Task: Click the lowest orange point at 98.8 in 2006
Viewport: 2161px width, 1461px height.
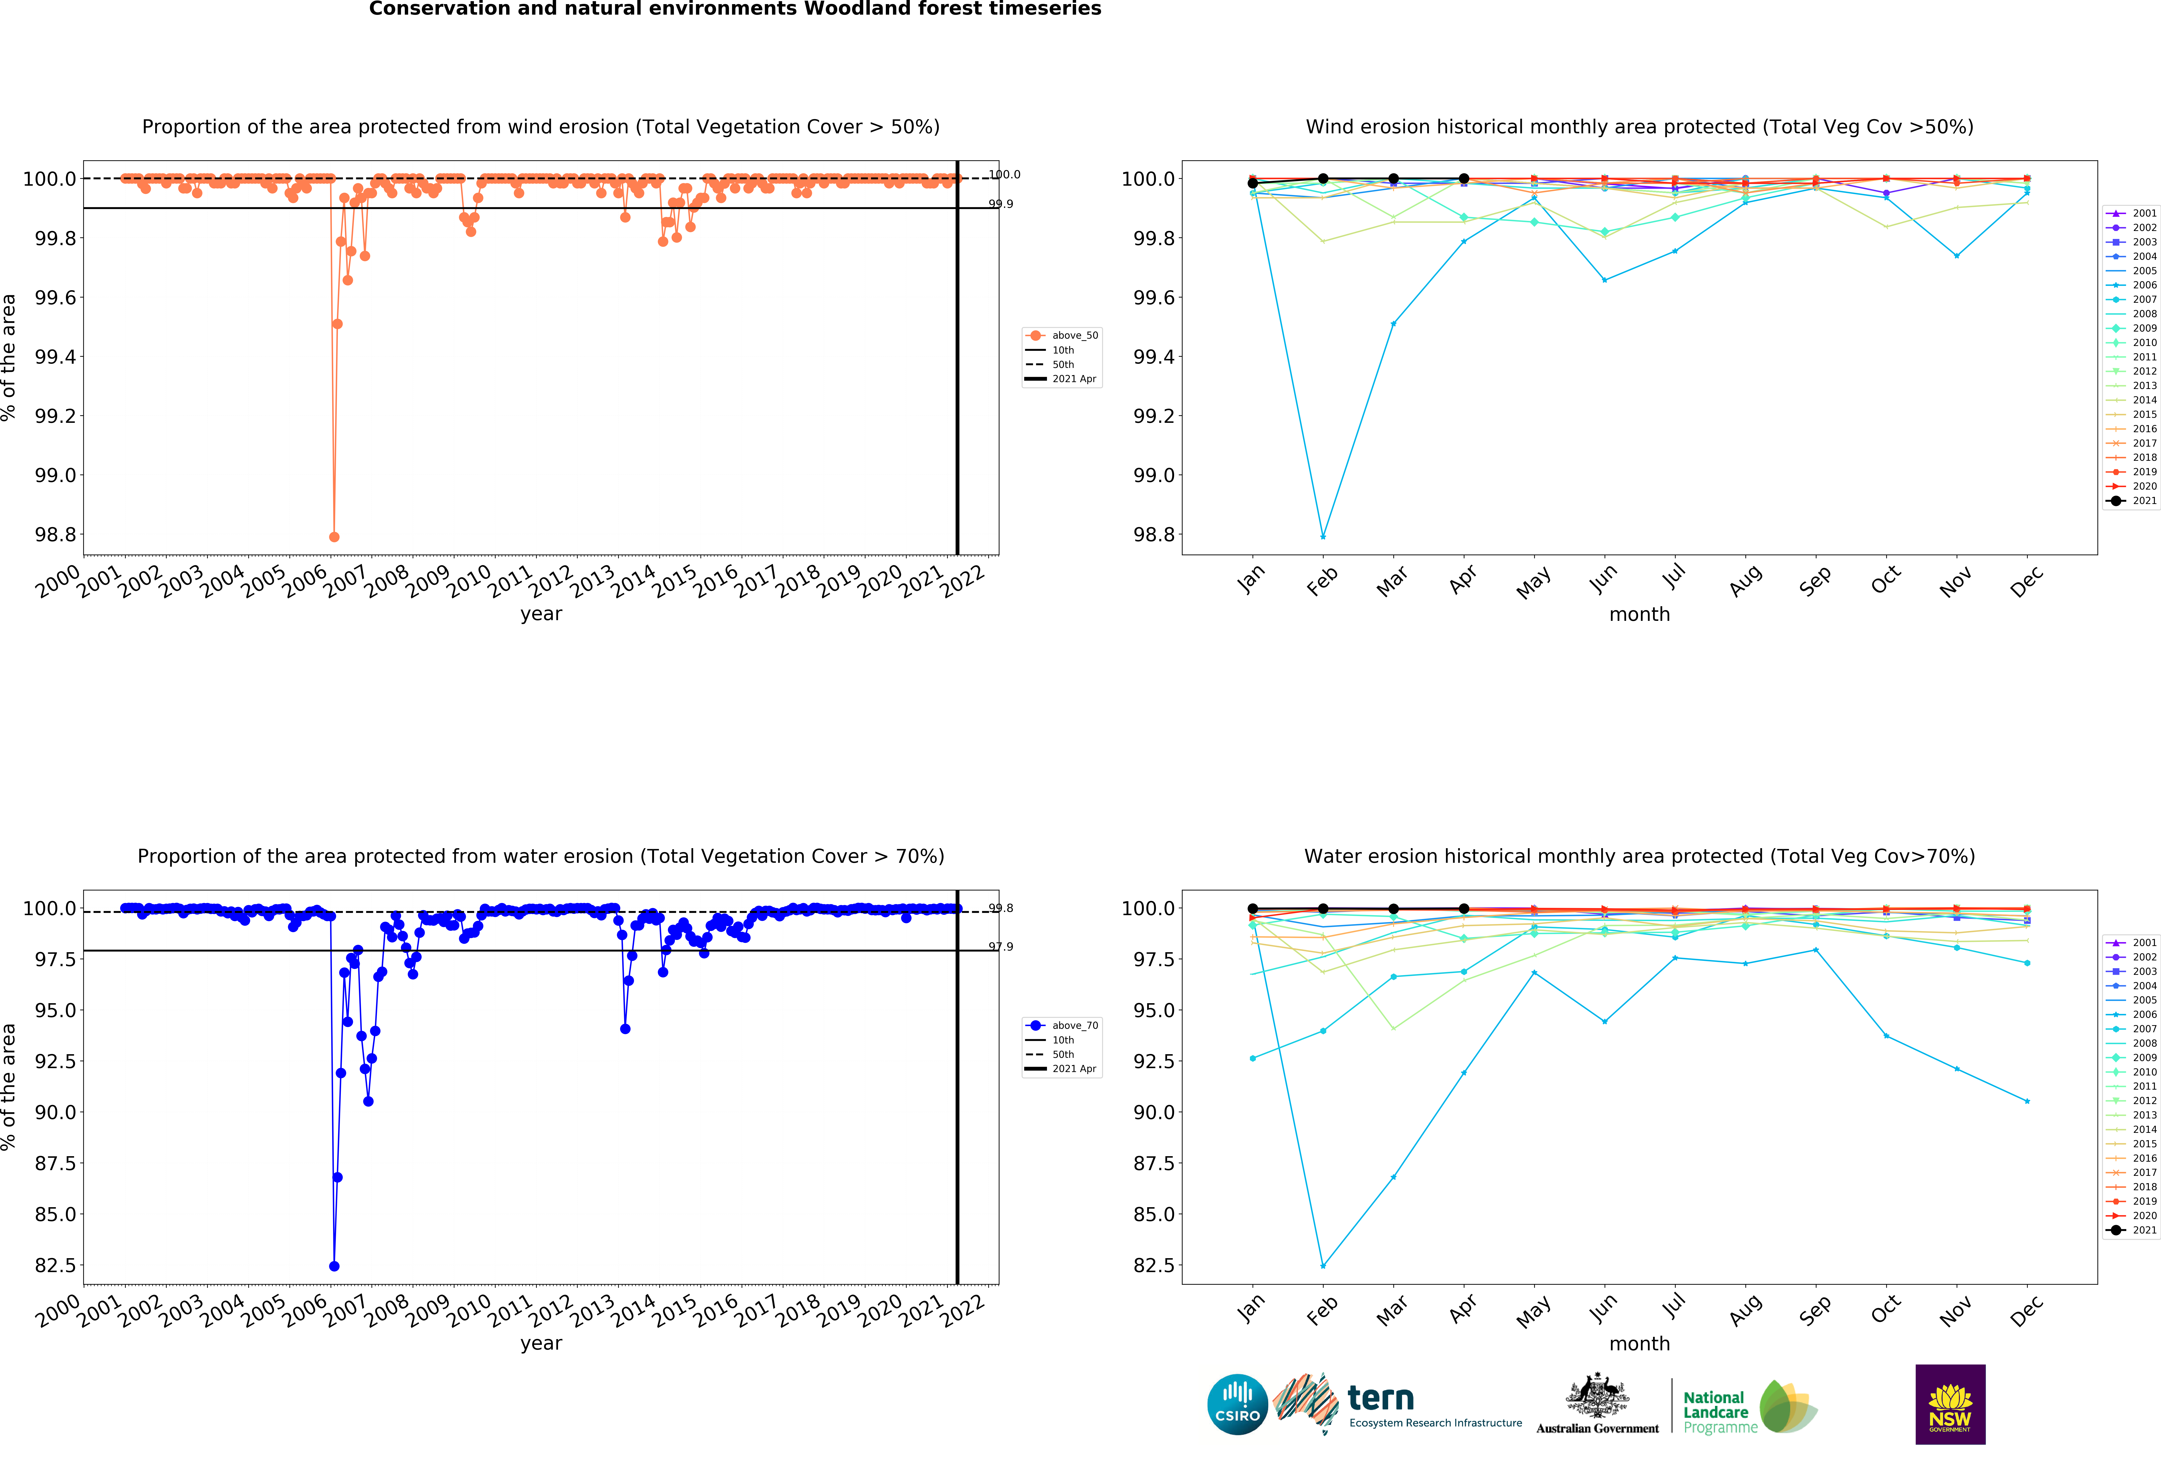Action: pyautogui.click(x=334, y=537)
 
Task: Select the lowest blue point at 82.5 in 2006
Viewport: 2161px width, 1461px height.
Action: pyautogui.click(x=334, y=1266)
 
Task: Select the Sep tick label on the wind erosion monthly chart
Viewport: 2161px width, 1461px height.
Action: pyautogui.click(x=1814, y=580)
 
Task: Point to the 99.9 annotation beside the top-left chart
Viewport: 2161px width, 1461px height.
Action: pyautogui.click(x=1001, y=204)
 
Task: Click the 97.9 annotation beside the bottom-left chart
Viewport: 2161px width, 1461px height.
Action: pyautogui.click(x=1001, y=947)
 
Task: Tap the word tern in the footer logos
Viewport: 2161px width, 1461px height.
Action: pyautogui.click(x=1381, y=1398)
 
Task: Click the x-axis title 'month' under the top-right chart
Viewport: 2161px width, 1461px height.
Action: pyautogui.click(x=1639, y=615)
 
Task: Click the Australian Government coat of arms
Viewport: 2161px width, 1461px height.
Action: pyautogui.click(x=1597, y=1395)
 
